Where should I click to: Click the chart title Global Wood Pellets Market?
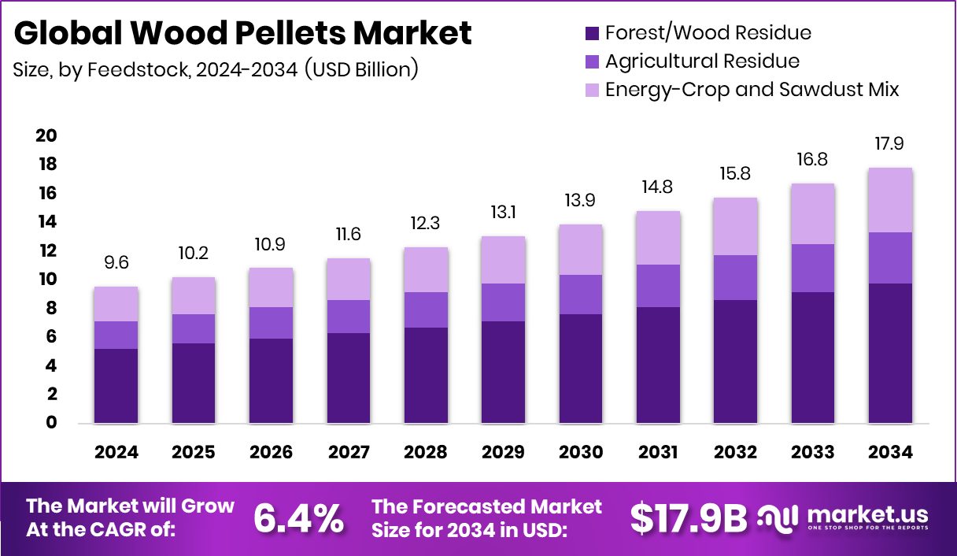click(242, 33)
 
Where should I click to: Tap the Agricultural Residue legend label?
click(702, 61)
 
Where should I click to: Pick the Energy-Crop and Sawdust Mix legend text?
click(752, 89)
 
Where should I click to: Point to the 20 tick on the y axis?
click(46, 136)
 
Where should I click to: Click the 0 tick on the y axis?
click(50, 423)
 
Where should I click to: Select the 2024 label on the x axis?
click(116, 453)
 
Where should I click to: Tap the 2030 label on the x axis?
click(581, 453)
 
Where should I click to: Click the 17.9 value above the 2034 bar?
click(891, 144)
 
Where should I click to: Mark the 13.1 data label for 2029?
click(503, 213)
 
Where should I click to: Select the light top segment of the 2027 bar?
click(348, 279)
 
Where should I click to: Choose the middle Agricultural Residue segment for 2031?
click(658, 286)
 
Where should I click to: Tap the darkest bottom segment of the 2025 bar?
click(193, 383)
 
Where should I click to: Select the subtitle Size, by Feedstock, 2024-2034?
click(215, 69)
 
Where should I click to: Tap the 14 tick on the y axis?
click(46, 222)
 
